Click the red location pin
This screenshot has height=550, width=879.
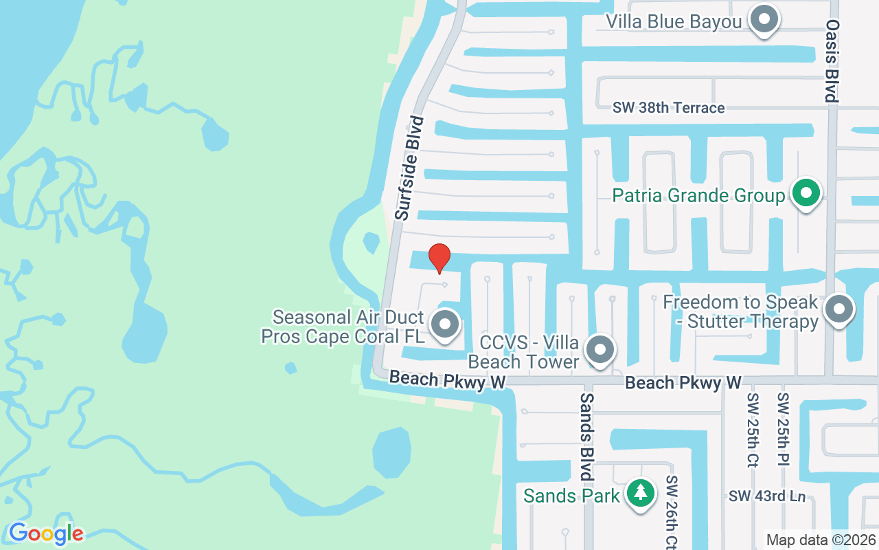tap(439, 258)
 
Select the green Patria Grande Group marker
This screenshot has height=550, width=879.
tap(806, 194)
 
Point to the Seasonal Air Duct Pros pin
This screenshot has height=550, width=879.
tap(445, 324)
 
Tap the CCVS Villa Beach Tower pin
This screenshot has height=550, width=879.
tap(601, 349)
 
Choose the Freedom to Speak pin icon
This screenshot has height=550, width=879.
tap(838, 310)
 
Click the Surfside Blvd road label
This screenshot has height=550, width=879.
tap(410, 168)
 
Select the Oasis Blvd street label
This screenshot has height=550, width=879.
tap(832, 60)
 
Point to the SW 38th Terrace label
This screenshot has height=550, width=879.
tap(668, 108)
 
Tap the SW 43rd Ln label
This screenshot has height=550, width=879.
tap(767, 496)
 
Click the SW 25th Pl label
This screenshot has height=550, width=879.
tap(782, 430)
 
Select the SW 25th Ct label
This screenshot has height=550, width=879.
tap(751, 430)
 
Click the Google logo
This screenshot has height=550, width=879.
tap(46, 533)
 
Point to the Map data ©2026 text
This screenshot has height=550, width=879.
tap(821, 540)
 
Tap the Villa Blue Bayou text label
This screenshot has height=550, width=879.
tap(674, 22)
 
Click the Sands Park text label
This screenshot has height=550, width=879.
tap(571, 495)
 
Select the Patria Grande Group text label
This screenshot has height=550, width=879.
tap(698, 196)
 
